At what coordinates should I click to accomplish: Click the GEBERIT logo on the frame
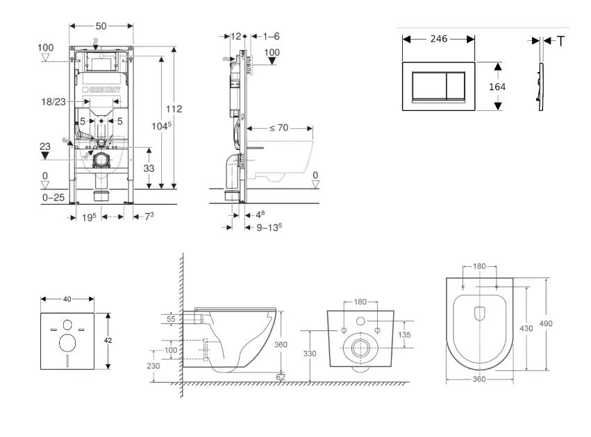click(101, 90)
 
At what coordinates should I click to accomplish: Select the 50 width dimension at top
click(101, 26)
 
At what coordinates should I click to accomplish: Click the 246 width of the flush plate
click(438, 40)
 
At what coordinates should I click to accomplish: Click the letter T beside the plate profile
click(560, 41)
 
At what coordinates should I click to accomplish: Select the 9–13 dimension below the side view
click(269, 226)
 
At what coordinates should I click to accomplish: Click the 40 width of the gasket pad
click(67, 299)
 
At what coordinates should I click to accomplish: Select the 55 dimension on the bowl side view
click(170, 318)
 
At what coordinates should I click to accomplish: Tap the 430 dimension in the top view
click(526, 328)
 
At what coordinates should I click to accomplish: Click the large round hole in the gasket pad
click(68, 342)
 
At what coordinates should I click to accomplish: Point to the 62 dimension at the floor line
click(281, 377)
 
